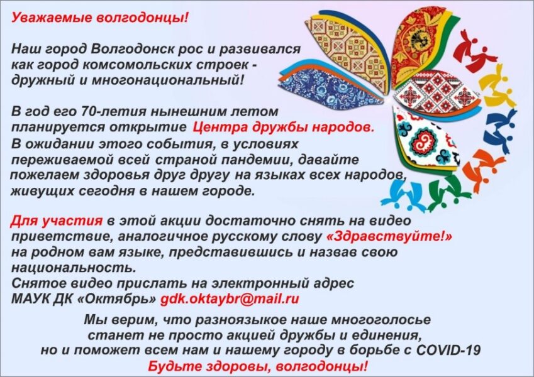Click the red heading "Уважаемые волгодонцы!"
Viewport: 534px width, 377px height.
pyautogui.click(x=99, y=18)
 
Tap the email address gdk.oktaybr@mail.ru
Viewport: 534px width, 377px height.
pyautogui.click(x=230, y=298)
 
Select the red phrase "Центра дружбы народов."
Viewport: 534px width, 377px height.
pyautogui.click(x=284, y=128)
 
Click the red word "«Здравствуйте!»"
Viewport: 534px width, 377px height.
pyautogui.click(x=389, y=236)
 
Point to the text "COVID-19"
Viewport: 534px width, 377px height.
pyautogui.click(x=448, y=350)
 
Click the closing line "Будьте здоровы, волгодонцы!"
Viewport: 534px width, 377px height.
pyautogui.click(x=258, y=366)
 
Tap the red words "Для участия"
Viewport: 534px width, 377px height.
pyautogui.click(x=57, y=221)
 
